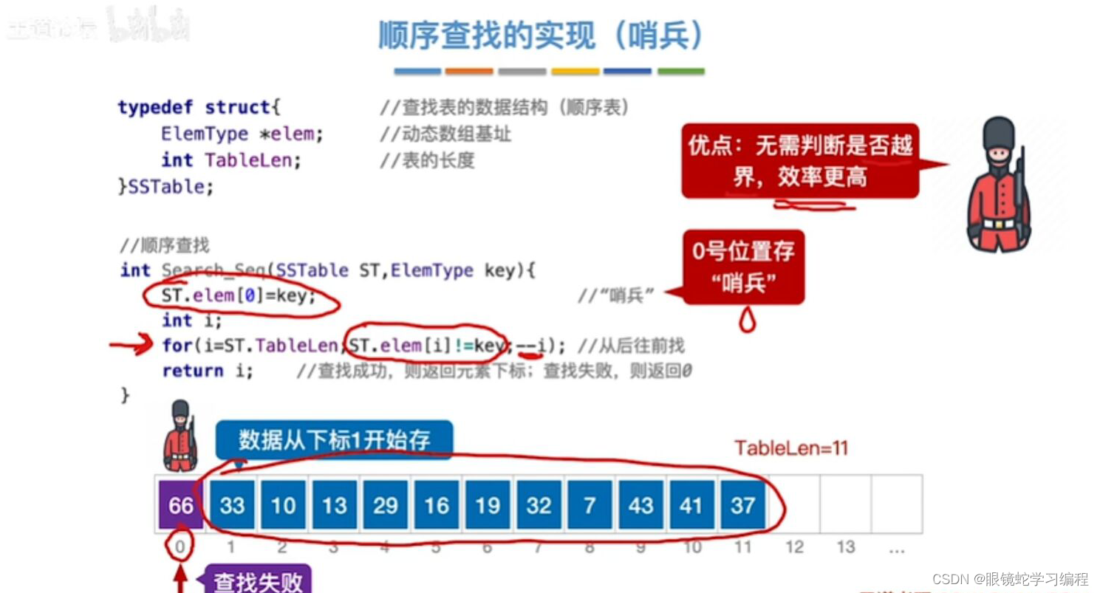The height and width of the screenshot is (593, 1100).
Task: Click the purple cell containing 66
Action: [x=180, y=505]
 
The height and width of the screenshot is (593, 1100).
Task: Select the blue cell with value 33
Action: [x=232, y=505]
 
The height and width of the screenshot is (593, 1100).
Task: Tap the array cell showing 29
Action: [x=385, y=505]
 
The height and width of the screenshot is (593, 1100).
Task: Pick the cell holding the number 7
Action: [x=589, y=505]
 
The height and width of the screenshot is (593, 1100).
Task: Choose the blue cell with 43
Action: [x=640, y=505]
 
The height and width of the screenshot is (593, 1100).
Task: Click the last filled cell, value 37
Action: [x=742, y=505]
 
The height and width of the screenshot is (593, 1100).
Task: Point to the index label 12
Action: [x=794, y=547]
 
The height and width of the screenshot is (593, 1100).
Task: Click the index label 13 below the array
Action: [x=846, y=547]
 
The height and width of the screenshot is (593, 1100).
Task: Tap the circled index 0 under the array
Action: [x=180, y=547]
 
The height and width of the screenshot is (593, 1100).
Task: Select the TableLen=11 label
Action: [x=791, y=448]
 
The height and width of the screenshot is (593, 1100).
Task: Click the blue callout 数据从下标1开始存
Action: [x=334, y=441]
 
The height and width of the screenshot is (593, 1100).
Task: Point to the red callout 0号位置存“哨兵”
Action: [x=743, y=267]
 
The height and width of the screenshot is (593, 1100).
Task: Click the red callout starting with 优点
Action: [x=800, y=160]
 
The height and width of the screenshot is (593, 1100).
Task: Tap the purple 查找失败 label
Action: [x=258, y=581]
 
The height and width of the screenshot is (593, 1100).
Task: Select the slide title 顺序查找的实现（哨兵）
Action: [x=541, y=35]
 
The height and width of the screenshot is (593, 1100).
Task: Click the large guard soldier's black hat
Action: [x=999, y=133]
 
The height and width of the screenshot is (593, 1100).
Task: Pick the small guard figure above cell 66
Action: [x=180, y=436]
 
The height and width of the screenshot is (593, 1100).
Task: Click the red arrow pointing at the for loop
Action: [x=131, y=345]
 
